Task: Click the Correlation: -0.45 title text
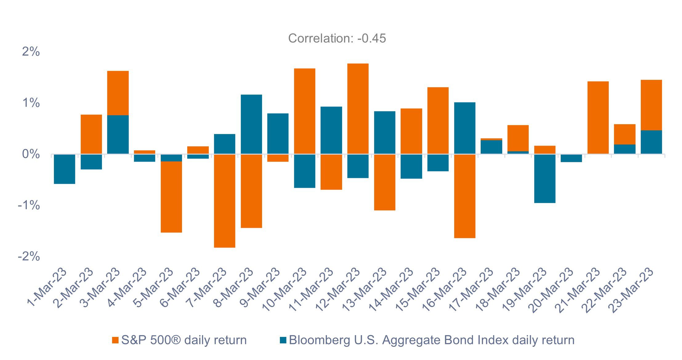pos(337,38)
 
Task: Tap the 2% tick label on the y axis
pos(31,52)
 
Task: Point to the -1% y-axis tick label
pos(29,205)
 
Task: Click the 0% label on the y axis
pos(31,154)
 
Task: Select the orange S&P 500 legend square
pos(115,340)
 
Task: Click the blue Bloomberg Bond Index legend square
pos(283,340)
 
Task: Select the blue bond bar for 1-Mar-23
pos(64,169)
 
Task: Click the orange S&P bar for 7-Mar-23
pos(224,201)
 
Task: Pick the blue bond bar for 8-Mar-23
pos(251,124)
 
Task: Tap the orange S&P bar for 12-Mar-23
pos(358,108)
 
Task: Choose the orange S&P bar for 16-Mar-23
pos(465,196)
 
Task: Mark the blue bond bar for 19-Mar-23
pos(545,179)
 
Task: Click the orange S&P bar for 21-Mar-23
pos(598,117)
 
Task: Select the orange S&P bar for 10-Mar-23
pos(305,111)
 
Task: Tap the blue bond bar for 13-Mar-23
pos(385,132)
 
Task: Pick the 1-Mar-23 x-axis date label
pos(46,287)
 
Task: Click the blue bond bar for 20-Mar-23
pos(571,158)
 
